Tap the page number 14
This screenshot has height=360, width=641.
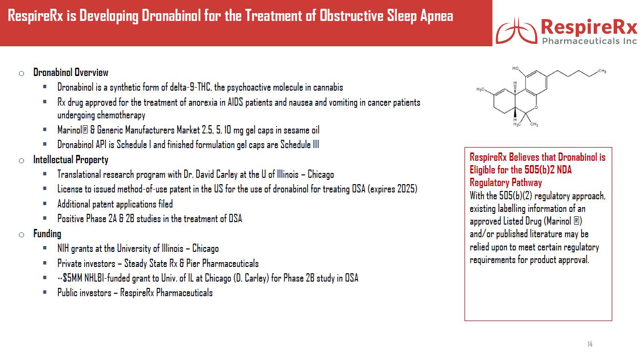pyautogui.click(x=590, y=344)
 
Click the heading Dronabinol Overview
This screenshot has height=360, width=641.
pyautogui.click(x=71, y=73)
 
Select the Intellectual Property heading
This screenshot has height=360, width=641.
pyautogui.click(x=71, y=160)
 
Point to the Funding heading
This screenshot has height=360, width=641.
pyautogui.click(x=47, y=234)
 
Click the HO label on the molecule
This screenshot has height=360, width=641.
pyautogui.click(x=516, y=69)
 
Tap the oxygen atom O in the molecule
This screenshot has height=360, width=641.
pyautogui.click(x=535, y=107)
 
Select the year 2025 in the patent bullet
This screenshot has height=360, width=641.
pyautogui.click(x=406, y=189)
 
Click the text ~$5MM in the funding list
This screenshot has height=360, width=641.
pyautogui.click(x=67, y=278)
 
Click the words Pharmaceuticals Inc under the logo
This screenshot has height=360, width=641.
pyautogui.click(x=589, y=41)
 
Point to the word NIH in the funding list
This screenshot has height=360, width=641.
pyautogui.click(x=63, y=248)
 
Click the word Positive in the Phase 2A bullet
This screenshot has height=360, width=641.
pyautogui.click(x=71, y=219)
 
